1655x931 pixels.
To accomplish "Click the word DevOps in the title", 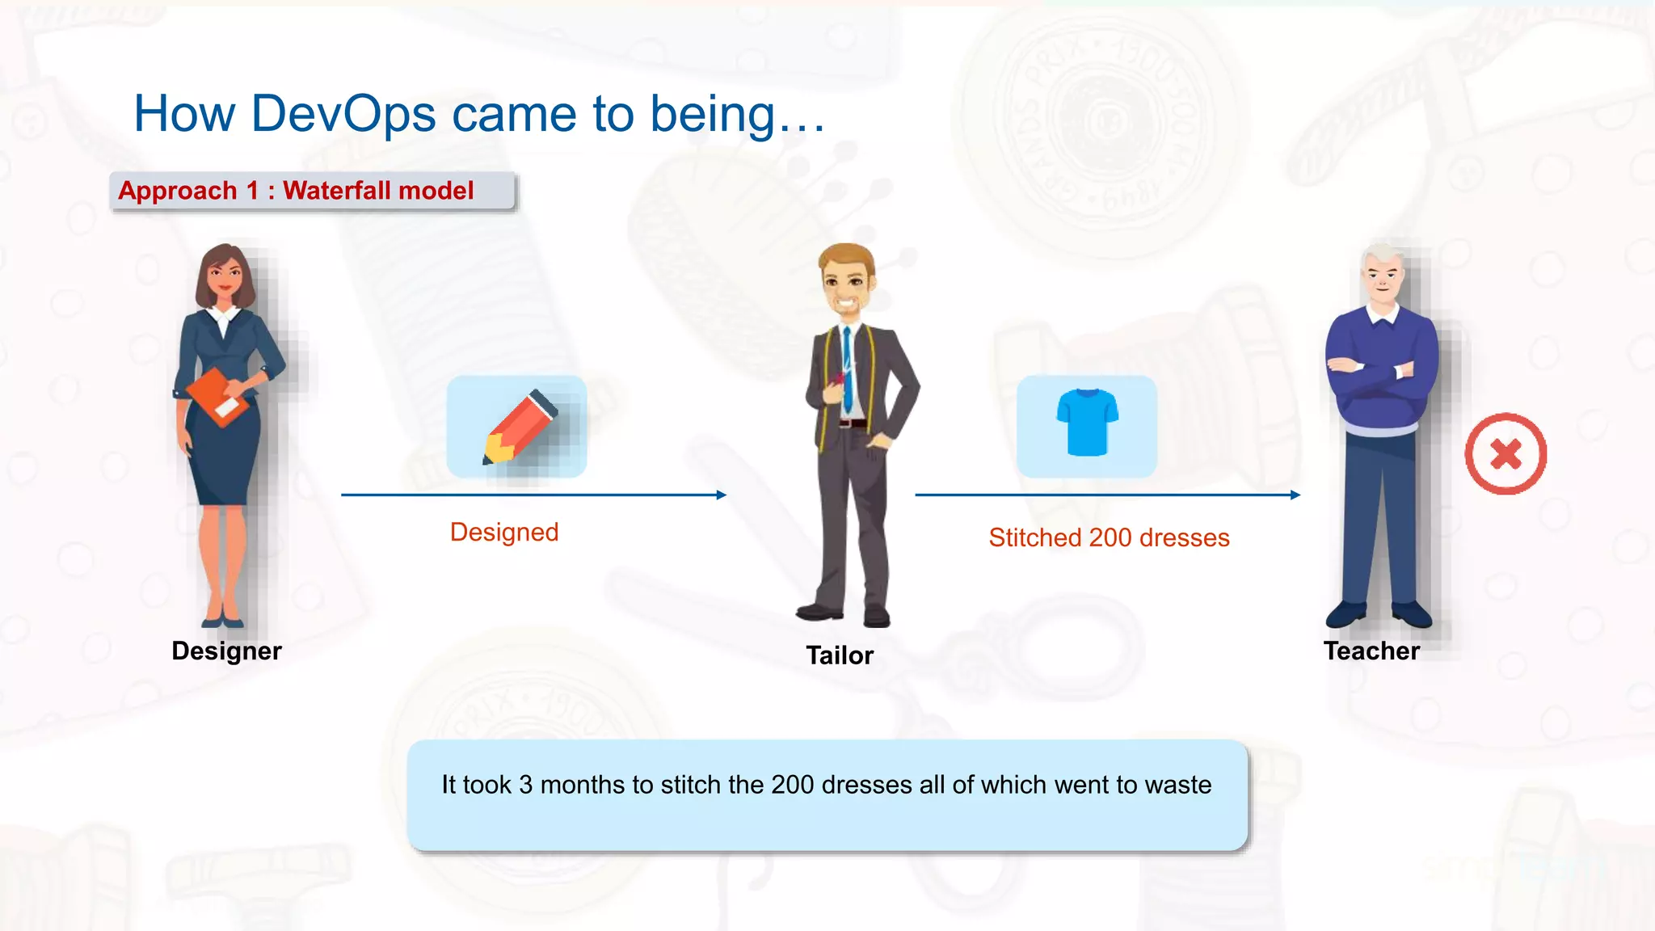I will (x=343, y=114).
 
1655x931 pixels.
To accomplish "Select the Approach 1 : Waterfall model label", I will (x=296, y=191).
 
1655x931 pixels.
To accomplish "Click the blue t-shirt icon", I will (x=1087, y=422).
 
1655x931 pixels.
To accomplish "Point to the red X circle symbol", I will (x=1506, y=454).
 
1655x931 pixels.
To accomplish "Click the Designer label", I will (x=226, y=651).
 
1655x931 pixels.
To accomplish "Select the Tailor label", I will (x=840, y=655).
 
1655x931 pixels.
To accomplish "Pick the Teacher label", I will (x=1371, y=651).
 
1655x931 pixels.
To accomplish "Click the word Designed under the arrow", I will (x=504, y=532).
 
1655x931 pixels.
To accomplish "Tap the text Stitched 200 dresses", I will (x=1109, y=537).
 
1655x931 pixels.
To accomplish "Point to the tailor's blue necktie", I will (x=848, y=364).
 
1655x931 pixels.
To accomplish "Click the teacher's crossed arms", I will (x=1378, y=372).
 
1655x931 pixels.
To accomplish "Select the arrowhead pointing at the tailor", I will (x=721, y=495).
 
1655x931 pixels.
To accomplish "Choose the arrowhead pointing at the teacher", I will (x=1295, y=495).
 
